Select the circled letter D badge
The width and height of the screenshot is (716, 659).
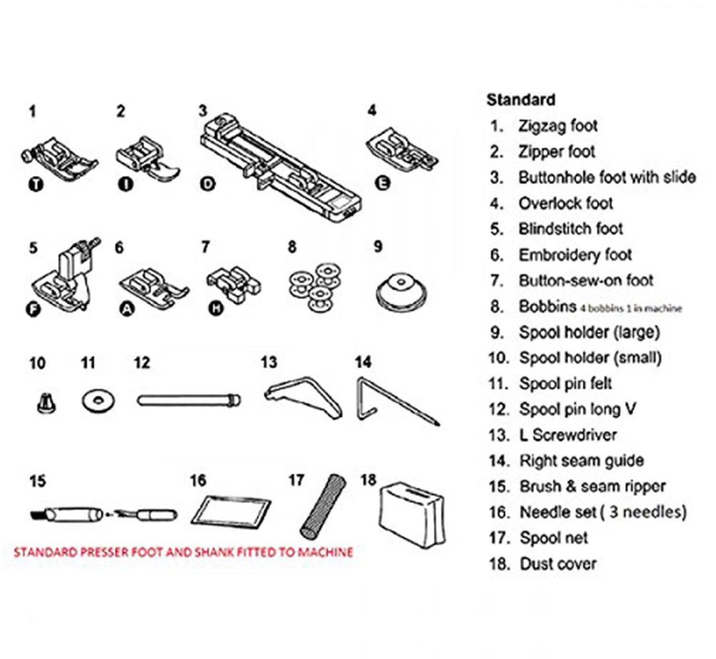click(x=208, y=184)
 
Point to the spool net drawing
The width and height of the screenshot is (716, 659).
click(x=322, y=506)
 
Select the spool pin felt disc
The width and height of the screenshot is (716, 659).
click(x=98, y=401)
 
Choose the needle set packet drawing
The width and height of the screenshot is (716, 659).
click(x=231, y=511)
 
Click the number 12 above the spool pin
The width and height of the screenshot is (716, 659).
click(x=142, y=363)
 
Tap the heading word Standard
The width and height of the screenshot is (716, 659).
click(x=521, y=100)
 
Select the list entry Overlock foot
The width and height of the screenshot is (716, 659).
click(x=565, y=203)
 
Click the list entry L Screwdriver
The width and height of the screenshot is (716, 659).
click(x=568, y=435)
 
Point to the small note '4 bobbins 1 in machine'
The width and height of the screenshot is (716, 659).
click(x=631, y=309)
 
